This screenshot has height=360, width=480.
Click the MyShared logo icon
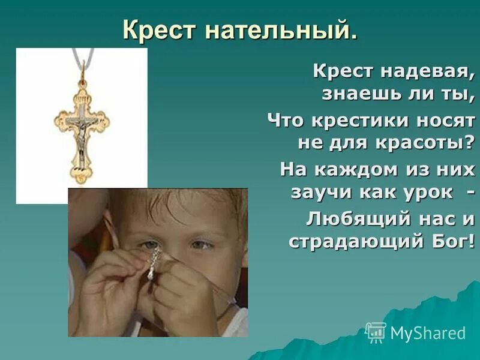[x=376, y=332]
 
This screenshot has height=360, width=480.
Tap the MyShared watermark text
[x=428, y=333]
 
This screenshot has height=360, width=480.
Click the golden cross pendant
[x=82, y=129]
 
